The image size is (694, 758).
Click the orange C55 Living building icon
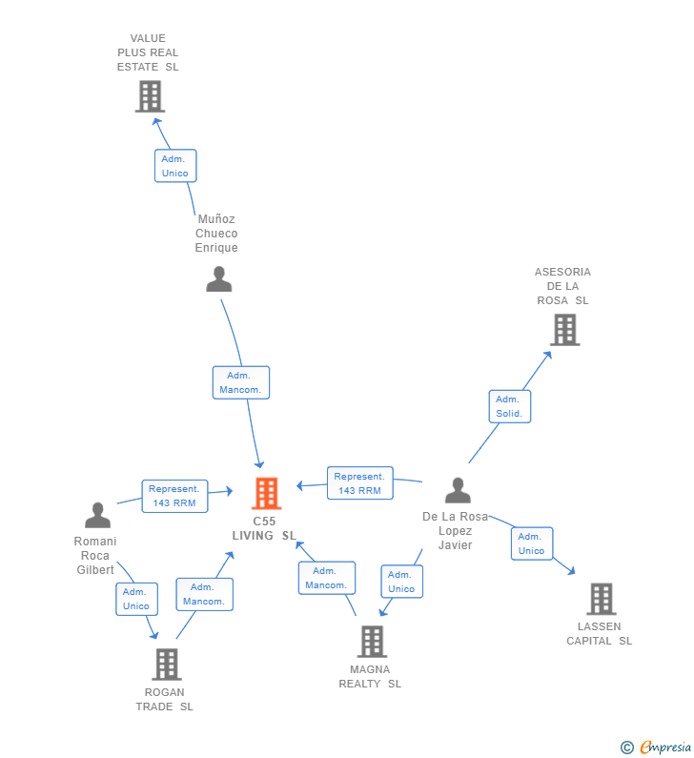266,493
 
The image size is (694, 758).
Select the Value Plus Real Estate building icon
150,96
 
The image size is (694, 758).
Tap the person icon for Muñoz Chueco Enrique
219,279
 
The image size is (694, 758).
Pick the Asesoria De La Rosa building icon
564,329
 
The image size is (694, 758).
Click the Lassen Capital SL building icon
601,599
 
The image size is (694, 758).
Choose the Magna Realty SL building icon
372,642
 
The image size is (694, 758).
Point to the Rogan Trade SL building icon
166,664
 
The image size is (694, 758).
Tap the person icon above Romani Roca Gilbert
97,515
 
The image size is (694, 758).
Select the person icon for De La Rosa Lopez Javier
458,490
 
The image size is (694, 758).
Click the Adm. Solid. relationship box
509,406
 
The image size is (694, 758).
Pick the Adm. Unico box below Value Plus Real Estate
175,166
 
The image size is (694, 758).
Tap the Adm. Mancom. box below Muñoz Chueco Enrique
240,382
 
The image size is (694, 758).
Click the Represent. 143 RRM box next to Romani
174,496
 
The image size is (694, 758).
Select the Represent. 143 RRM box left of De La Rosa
359,483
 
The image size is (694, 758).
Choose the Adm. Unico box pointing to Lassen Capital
531,543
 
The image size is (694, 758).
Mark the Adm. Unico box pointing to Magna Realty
401,582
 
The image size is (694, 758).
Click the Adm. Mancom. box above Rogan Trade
204,594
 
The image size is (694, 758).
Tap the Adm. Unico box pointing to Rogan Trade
136,599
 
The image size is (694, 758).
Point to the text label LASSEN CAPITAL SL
599,634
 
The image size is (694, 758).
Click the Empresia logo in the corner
656,747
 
